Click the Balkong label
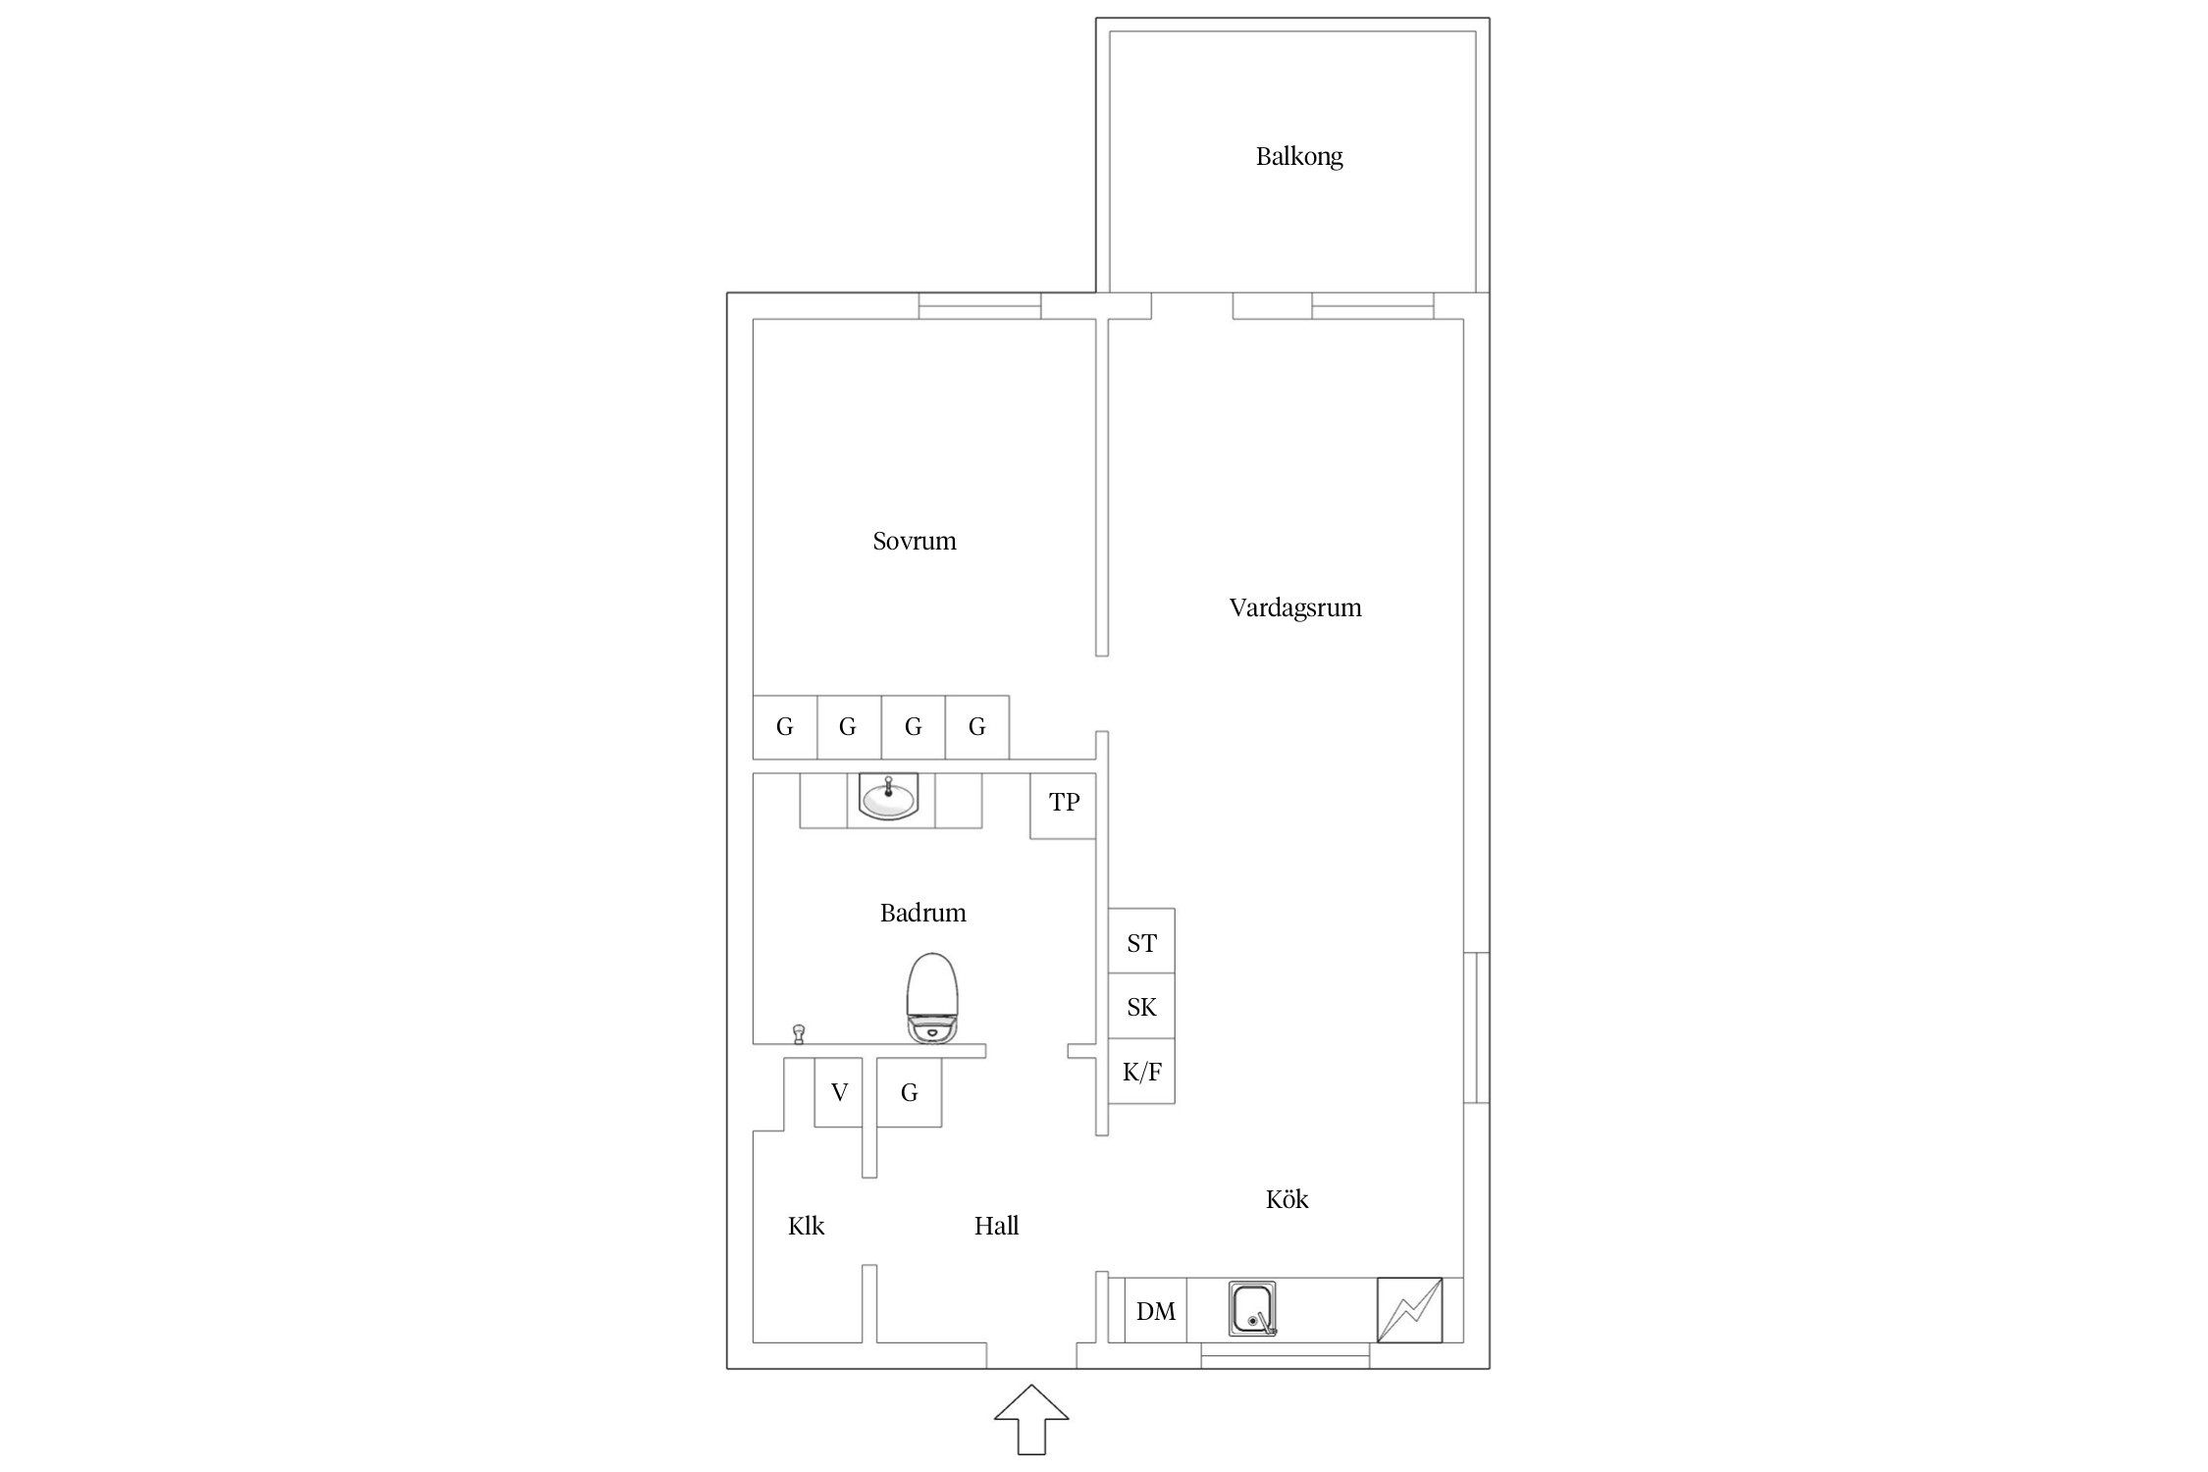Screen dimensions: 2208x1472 (x=1298, y=157)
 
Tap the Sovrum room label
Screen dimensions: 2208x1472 (x=914, y=541)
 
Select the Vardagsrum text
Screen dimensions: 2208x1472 (x=1295, y=608)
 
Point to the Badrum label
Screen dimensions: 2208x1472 (x=922, y=914)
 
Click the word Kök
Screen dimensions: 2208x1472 (x=1287, y=1198)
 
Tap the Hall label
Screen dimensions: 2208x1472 (x=996, y=1226)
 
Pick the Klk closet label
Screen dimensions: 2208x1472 (x=806, y=1226)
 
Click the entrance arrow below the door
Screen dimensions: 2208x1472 (x=1031, y=1419)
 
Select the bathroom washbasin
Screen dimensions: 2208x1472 (x=889, y=796)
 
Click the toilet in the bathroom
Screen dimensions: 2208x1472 (x=931, y=997)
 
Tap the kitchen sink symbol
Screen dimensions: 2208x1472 (x=1252, y=1309)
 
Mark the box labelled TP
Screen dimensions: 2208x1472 (x=1063, y=806)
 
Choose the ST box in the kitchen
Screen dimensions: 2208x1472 (x=1141, y=941)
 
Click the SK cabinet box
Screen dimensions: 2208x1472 (x=1141, y=1006)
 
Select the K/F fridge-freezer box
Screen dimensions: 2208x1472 (x=1141, y=1071)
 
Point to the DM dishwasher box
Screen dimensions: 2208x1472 (x=1155, y=1310)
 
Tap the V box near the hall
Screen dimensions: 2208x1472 (x=839, y=1092)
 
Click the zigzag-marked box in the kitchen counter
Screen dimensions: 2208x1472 (x=1410, y=1310)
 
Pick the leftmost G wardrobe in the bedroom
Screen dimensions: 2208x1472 (x=785, y=727)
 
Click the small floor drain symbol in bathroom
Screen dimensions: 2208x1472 (x=799, y=1034)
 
